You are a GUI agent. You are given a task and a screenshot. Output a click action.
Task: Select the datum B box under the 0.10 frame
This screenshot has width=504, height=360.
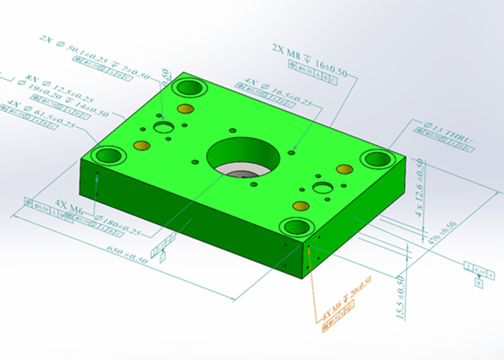(478, 284)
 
